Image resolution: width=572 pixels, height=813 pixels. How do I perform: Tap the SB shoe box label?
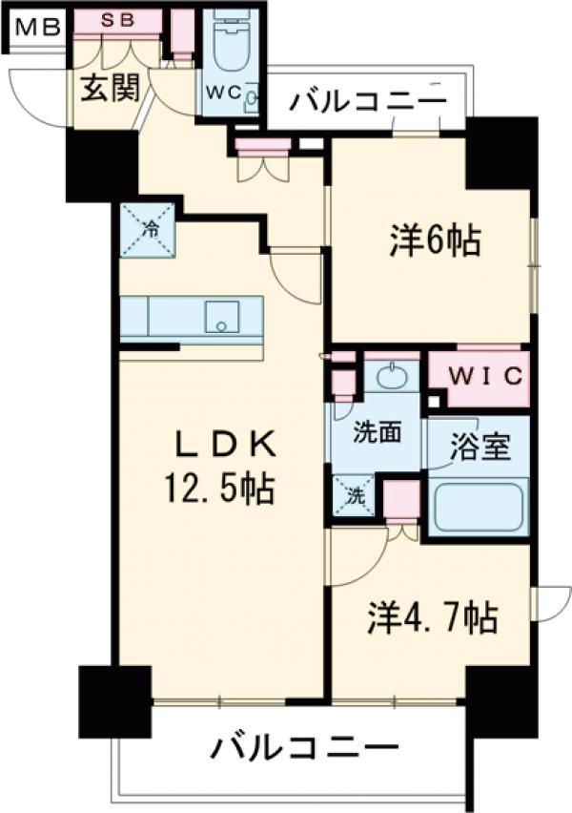click(x=117, y=20)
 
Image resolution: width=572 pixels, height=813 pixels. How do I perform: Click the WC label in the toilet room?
click(x=224, y=93)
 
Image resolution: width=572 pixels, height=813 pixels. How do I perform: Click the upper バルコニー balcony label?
click(x=368, y=101)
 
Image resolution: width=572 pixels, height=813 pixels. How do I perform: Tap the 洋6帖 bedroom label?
click(x=436, y=240)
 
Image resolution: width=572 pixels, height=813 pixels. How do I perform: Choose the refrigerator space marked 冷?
click(x=148, y=230)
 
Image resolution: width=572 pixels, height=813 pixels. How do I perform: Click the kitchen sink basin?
click(x=223, y=317)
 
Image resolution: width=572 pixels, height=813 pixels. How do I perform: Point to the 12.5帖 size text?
click(x=219, y=489)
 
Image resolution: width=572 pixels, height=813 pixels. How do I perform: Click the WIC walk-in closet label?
click(x=485, y=376)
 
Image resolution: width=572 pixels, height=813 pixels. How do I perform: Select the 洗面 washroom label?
click(x=378, y=432)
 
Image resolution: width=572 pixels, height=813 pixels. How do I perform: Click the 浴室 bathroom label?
click(x=480, y=447)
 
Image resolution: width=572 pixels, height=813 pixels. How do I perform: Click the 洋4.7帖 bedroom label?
click(x=433, y=617)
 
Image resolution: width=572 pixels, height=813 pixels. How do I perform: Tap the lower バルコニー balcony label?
click(x=305, y=748)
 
